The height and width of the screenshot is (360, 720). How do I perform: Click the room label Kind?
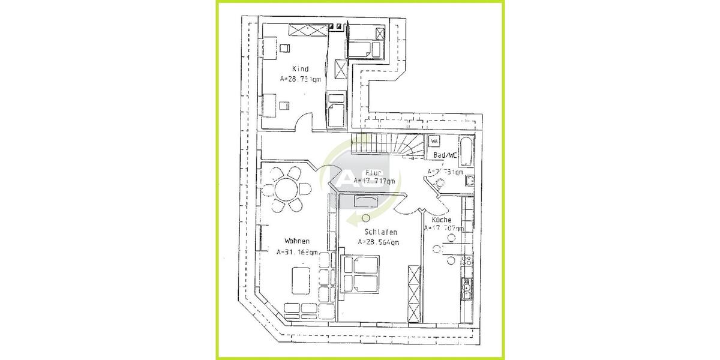[x=300, y=69]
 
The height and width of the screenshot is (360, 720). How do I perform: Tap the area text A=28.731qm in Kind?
[x=300, y=79]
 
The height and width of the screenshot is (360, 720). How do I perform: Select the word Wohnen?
[x=296, y=242]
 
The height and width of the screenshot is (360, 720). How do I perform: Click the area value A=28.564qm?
[x=379, y=242]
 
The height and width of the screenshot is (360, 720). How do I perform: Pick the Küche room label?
[x=441, y=220]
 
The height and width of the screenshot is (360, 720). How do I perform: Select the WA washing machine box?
[x=434, y=142]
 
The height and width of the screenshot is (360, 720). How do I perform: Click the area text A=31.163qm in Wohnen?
[x=297, y=253]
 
